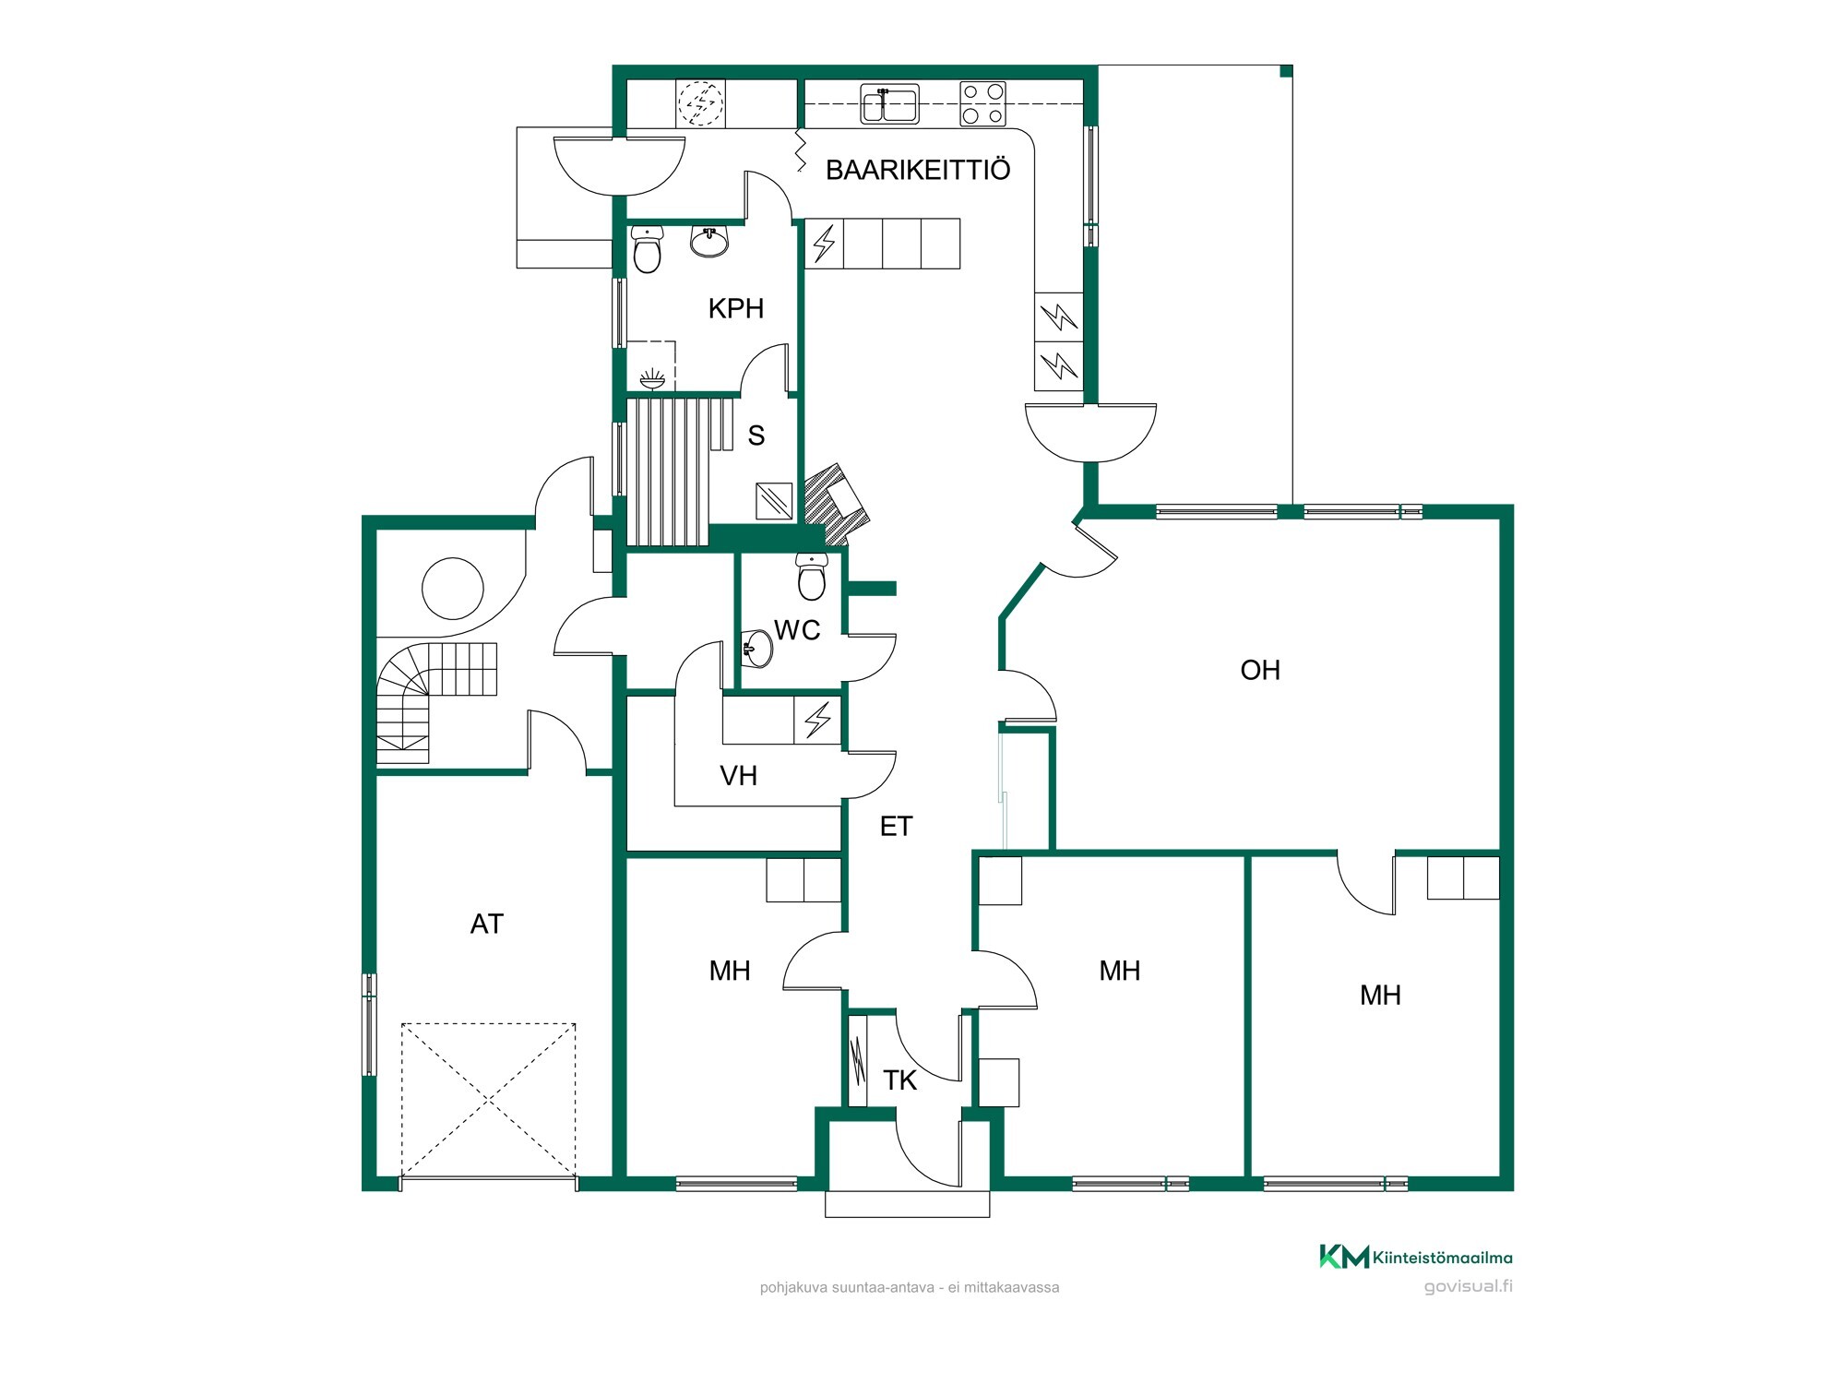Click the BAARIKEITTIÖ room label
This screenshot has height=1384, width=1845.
coord(918,170)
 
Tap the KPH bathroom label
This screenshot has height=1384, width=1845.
coord(736,308)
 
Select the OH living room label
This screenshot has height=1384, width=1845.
coord(1260,670)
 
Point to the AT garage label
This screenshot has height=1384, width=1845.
coord(487,924)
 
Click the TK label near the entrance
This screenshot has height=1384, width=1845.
coord(899,1080)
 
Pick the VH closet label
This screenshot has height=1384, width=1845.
coord(738,776)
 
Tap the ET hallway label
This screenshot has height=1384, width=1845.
coord(896,826)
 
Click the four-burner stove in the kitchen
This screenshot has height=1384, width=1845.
coord(982,104)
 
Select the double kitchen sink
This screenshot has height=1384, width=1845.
coord(889,103)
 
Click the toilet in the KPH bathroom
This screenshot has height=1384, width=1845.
coord(648,250)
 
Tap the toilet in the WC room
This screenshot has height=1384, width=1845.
coord(812,576)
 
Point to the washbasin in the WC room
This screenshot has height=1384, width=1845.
coord(756,648)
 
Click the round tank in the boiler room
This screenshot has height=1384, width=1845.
coord(452,589)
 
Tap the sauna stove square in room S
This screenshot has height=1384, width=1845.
coord(773,501)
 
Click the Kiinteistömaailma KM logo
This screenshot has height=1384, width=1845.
coord(1415,1257)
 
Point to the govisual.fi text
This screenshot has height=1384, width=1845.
coord(1468,1287)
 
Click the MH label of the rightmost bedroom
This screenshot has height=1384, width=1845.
coord(1380,995)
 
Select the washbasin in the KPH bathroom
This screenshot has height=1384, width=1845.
coord(709,242)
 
